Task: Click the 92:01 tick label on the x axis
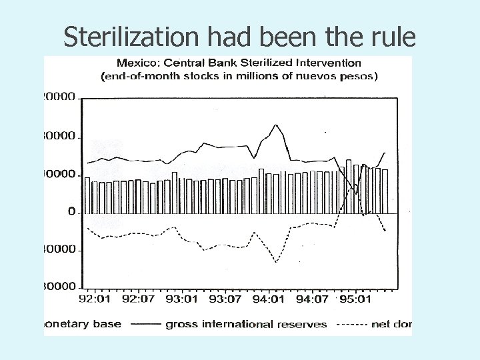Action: tap(95, 299)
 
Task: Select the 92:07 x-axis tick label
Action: tap(138, 299)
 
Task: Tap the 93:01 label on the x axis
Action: tap(182, 299)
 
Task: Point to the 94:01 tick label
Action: tap(269, 299)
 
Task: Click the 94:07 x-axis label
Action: tap(312, 299)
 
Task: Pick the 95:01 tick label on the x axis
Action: tap(355, 299)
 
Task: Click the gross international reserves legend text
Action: tap(246, 325)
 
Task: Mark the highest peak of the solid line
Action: tap(275, 125)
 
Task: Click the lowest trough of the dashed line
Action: tap(276, 262)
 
